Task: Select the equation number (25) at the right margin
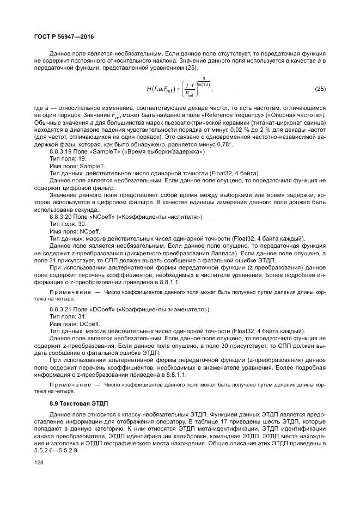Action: [x=320, y=88]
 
